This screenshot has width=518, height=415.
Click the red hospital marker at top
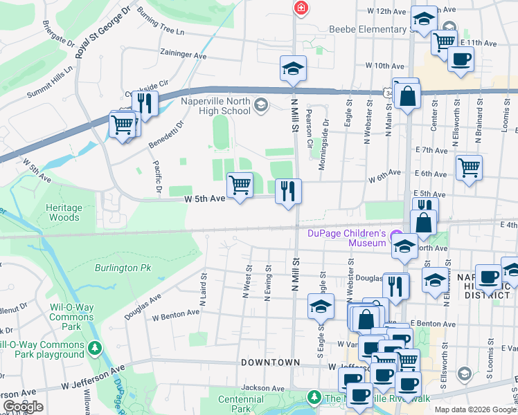click(x=301, y=8)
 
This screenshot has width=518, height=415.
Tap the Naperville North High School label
click(x=215, y=106)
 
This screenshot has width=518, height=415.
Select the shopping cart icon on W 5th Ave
click(x=240, y=185)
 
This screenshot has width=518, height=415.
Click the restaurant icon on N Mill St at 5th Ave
click(x=288, y=190)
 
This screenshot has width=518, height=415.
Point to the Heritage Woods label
click(x=64, y=212)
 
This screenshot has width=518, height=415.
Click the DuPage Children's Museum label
click(x=346, y=238)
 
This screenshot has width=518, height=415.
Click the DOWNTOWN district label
click(x=270, y=362)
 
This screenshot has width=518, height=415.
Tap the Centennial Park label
click(x=240, y=405)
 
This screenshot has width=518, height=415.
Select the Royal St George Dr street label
click(x=102, y=33)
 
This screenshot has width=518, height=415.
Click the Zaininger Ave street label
click(x=182, y=55)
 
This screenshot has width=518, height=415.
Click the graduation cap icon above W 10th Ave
click(x=293, y=68)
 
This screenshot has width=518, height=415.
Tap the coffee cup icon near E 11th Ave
click(x=460, y=58)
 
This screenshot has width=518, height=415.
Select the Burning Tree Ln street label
click(x=161, y=22)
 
